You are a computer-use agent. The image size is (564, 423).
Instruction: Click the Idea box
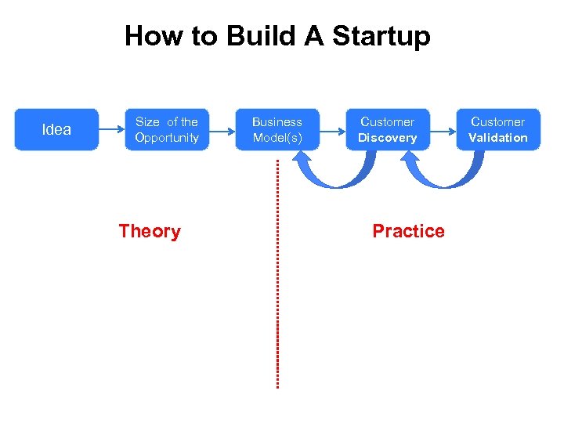click(56, 129)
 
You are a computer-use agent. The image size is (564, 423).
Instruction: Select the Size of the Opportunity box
click(167, 129)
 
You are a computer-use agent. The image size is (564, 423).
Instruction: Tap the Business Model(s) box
click(277, 129)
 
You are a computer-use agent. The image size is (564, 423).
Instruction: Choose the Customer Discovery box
click(388, 129)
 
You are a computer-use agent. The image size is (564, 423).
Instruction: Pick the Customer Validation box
click(498, 129)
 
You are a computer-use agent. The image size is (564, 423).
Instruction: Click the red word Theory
click(150, 231)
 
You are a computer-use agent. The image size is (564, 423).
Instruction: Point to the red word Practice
click(408, 231)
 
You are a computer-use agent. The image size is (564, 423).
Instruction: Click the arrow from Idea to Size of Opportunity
click(111, 129)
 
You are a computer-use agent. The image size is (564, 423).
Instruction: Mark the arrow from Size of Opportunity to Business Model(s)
click(222, 129)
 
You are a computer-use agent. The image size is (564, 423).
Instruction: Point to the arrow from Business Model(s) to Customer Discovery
click(332, 129)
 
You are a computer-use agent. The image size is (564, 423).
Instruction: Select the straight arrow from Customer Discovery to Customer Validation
click(443, 129)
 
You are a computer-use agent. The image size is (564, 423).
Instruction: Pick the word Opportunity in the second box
click(167, 138)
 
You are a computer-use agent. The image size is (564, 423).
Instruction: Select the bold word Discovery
click(388, 138)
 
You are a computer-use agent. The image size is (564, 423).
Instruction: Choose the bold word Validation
click(498, 138)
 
